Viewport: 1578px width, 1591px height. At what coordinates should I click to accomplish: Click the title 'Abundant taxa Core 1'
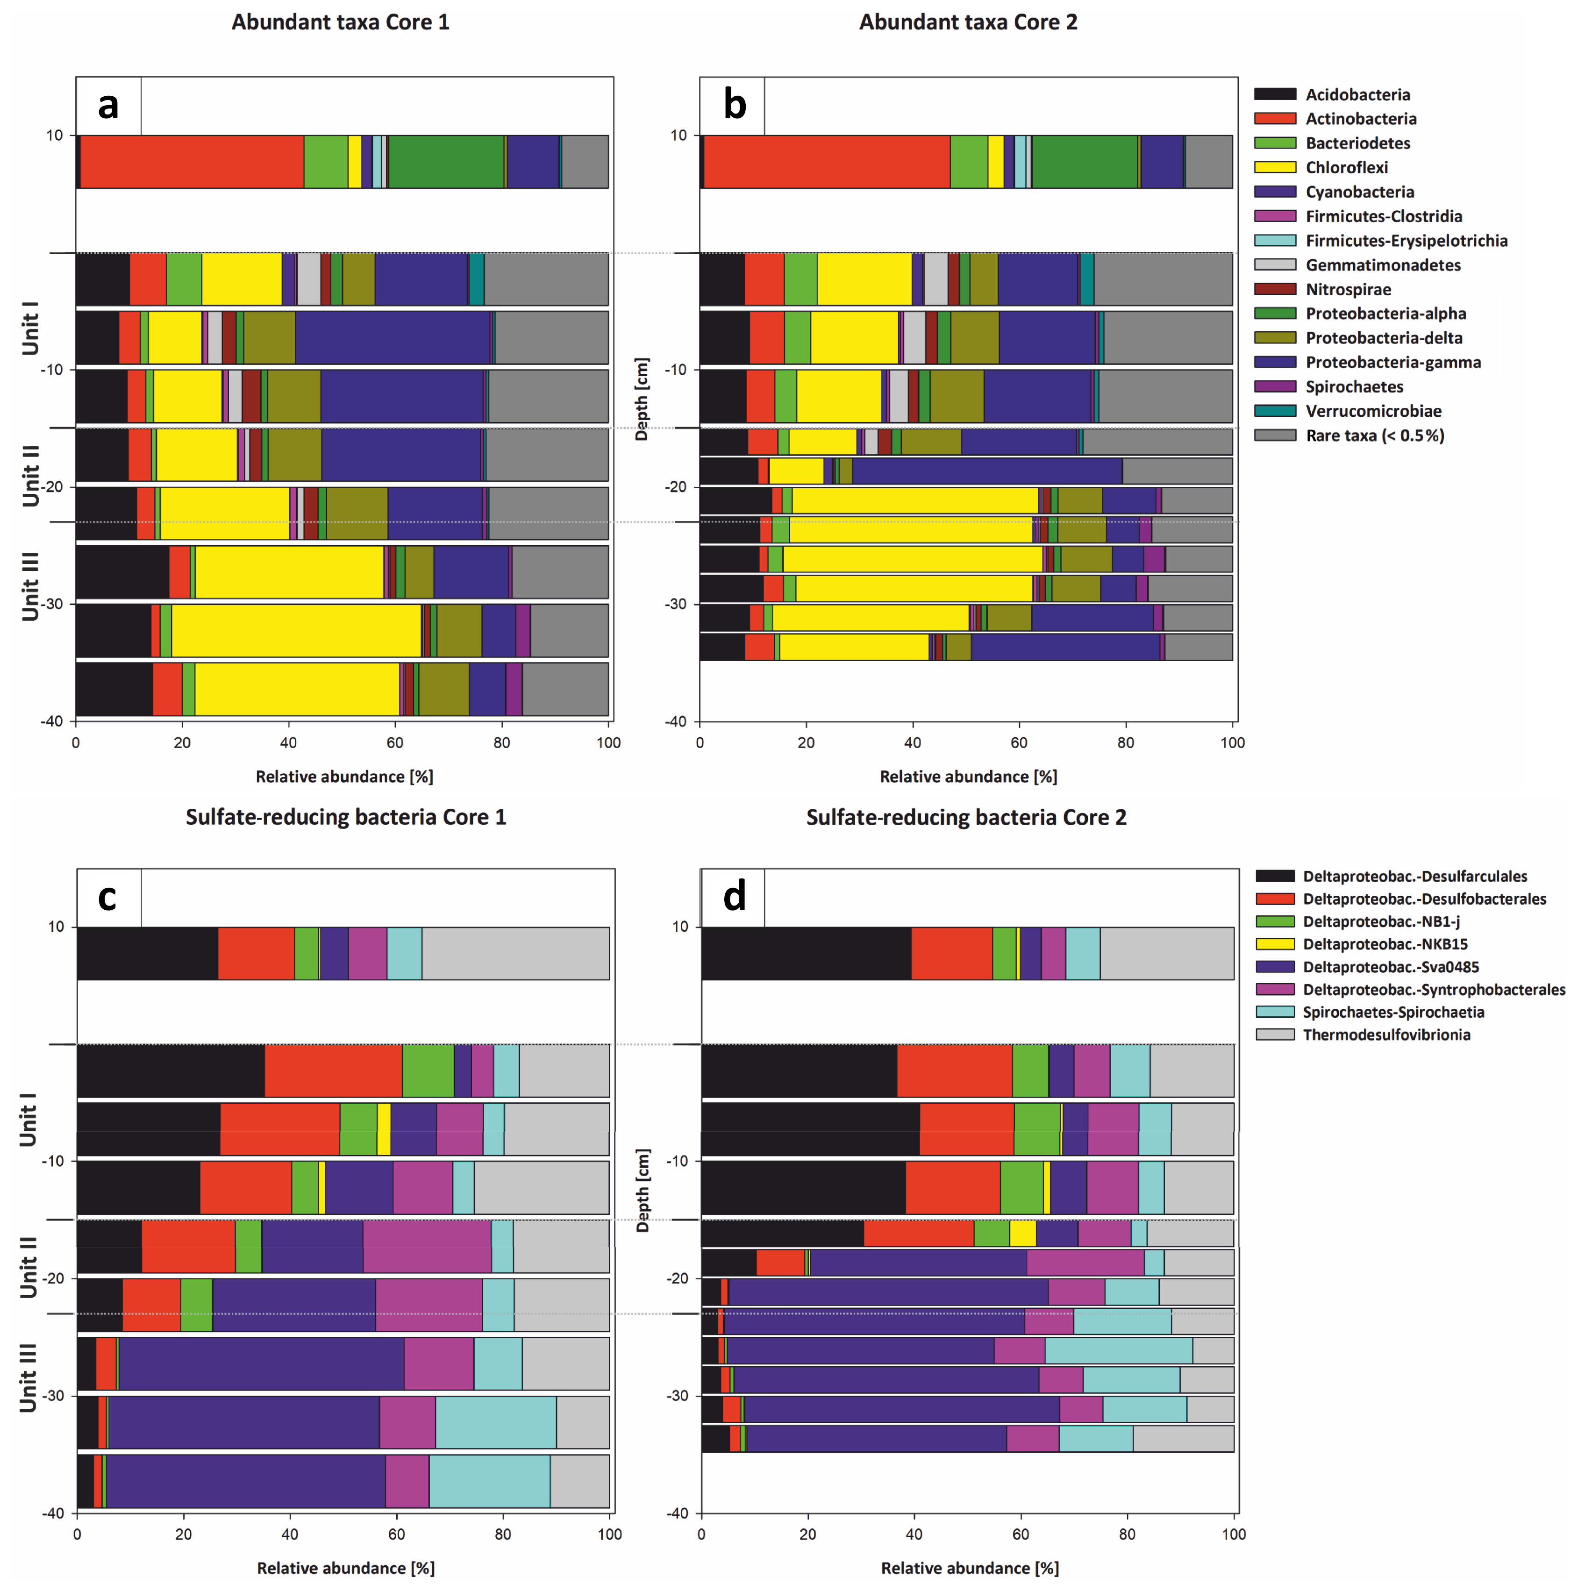[340, 22]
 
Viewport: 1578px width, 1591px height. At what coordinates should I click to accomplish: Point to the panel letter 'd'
[734, 896]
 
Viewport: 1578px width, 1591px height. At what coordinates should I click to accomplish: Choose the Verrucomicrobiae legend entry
[1373, 411]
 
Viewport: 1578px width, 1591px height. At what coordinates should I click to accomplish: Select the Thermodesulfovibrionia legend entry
[1385, 1035]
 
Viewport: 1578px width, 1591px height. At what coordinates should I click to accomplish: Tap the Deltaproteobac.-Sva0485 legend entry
[1390, 967]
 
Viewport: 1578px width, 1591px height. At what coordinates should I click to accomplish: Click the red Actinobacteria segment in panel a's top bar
[192, 161]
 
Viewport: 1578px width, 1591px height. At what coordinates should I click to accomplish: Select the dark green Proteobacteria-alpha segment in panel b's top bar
[1085, 161]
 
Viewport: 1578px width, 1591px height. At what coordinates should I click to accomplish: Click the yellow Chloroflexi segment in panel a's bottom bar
[297, 689]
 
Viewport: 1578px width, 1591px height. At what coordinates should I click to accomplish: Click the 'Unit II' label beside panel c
[29, 1267]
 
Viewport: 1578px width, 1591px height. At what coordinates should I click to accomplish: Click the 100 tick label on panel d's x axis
[1233, 1534]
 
